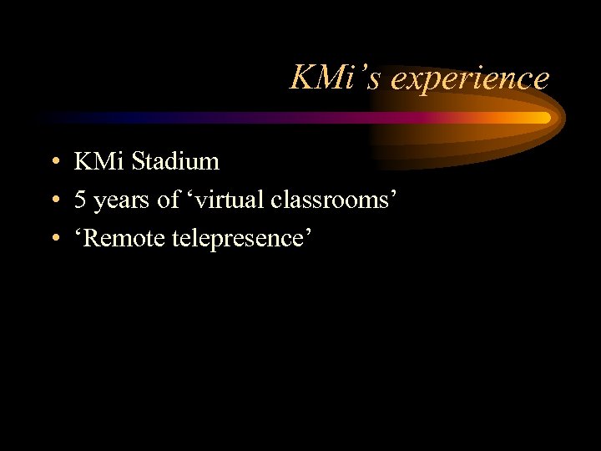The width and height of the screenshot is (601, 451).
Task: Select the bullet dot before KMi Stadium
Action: (53, 162)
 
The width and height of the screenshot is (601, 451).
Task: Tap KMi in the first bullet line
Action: (98, 160)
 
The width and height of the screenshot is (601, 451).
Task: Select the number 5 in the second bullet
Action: (80, 200)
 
